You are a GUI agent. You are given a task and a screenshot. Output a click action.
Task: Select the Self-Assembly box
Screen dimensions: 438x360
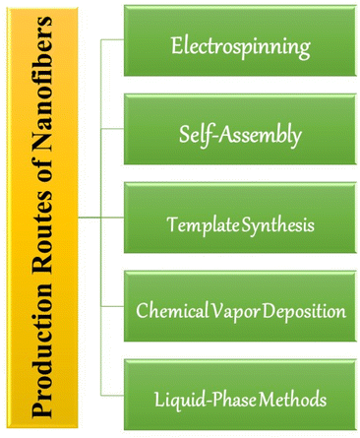coord(240,135)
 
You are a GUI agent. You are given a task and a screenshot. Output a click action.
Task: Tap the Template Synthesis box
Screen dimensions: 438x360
coord(240,224)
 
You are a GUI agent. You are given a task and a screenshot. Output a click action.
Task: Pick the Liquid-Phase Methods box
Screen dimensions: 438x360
coord(240,400)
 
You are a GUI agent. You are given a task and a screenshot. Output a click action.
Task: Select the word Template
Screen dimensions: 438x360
coord(199,225)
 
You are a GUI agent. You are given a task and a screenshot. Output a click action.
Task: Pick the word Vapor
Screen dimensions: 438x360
coord(227,312)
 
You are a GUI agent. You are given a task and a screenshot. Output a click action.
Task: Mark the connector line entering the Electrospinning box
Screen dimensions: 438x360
coord(113,39)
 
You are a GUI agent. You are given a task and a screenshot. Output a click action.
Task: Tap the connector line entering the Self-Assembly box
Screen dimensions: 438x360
coord(113,129)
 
